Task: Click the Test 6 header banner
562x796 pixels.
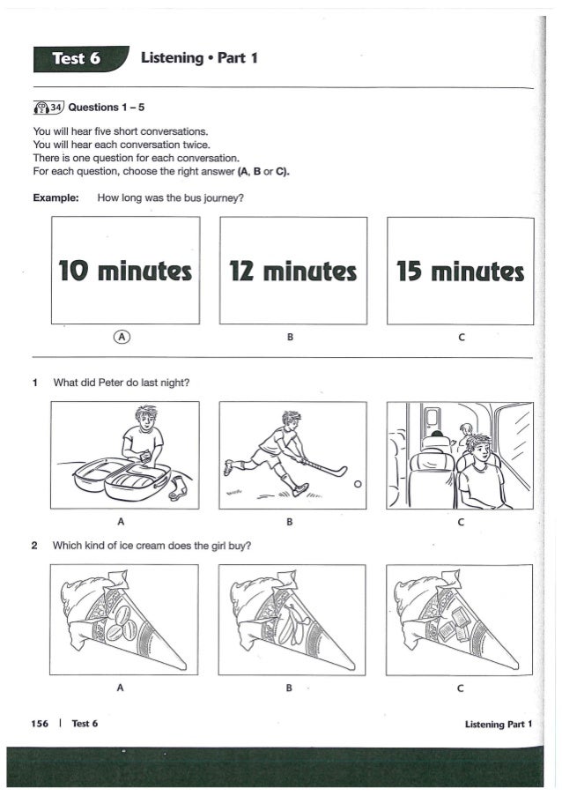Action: click(x=80, y=59)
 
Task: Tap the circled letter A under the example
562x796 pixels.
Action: click(x=122, y=336)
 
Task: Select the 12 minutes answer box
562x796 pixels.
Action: click(x=293, y=271)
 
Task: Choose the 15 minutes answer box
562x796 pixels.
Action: click(x=461, y=272)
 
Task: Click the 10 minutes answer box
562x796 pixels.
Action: click(x=126, y=270)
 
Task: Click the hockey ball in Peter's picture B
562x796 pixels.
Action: click(x=358, y=484)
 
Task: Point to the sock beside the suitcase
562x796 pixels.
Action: click(x=179, y=488)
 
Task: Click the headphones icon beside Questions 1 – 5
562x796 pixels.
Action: click(x=41, y=108)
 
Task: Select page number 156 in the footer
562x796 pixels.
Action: click(x=40, y=724)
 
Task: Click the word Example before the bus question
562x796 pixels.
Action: click(x=55, y=197)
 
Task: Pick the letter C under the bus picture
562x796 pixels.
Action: click(x=461, y=522)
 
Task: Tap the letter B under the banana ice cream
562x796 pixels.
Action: click(x=289, y=688)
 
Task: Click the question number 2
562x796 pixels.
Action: click(x=34, y=546)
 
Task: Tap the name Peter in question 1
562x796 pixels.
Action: click(x=111, y=383)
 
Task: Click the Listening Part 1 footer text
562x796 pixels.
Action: click(x=499, y=725)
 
